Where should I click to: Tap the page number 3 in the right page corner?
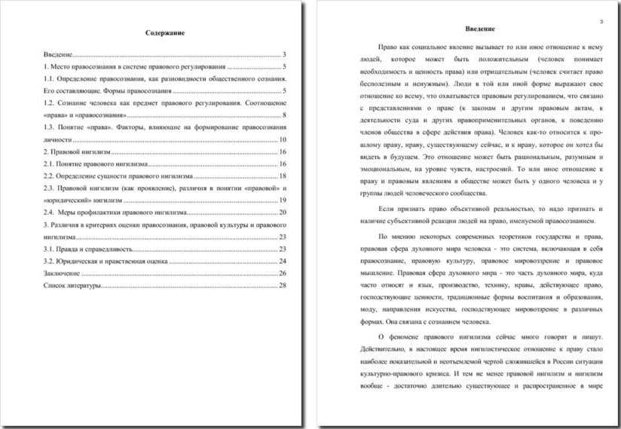[601, 21]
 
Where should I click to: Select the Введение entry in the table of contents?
[58, 55]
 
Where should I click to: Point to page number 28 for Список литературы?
[283, 285]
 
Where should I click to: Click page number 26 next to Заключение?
[283, 272]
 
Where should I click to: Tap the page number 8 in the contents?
[284, 115]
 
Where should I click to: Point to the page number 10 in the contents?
[283, 139]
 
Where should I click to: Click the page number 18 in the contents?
[283, 176]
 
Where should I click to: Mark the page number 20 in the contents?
[283, 213]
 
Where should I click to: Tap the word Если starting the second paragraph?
[386, 207]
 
